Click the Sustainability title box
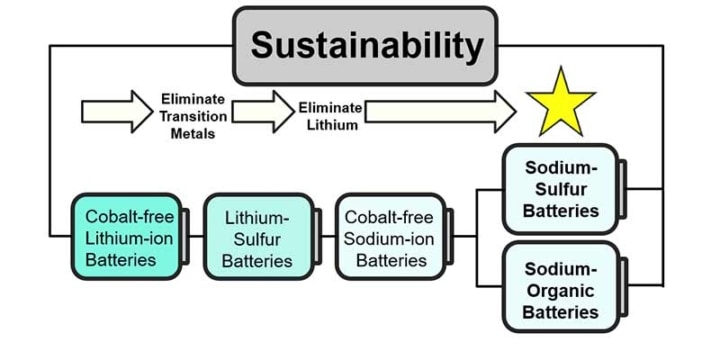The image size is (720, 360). click(365, 45)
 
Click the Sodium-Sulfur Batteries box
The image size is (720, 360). click(561, 188)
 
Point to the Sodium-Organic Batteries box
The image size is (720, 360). click(561, 290)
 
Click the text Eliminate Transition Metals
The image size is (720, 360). click(193, 116)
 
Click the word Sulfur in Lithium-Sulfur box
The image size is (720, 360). click(257, 238)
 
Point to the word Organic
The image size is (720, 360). click(561, 290)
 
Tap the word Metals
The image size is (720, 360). click(193, 134)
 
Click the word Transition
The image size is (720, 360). click(193, 116)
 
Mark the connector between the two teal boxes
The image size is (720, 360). click(194, 237)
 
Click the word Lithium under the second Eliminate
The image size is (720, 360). click(330, 124)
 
